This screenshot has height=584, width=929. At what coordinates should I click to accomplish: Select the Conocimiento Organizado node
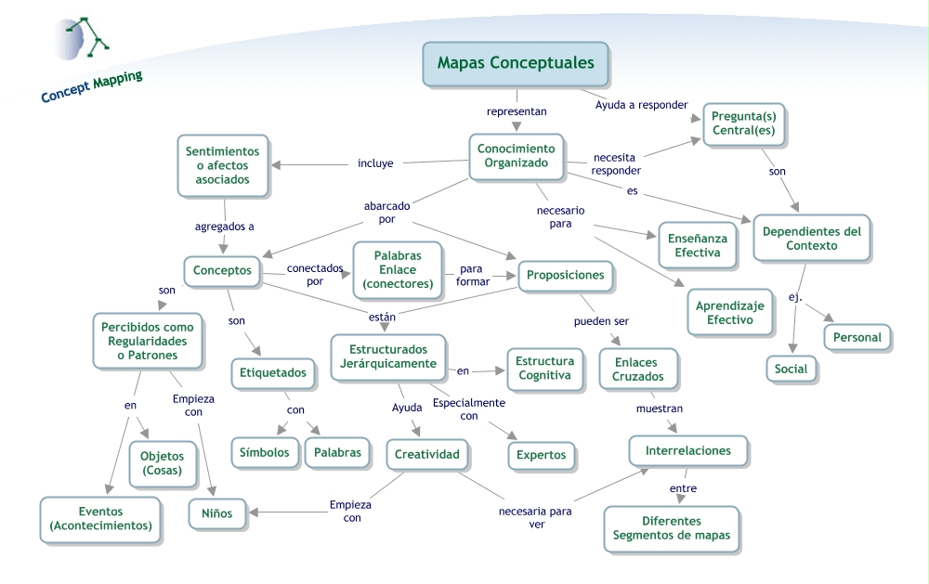coord(516,156)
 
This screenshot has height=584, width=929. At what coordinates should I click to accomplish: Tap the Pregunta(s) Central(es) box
coord(743,123)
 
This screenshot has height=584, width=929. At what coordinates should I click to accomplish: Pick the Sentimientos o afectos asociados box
coord(222,165)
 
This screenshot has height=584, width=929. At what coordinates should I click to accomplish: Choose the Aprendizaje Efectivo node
coord(729,312)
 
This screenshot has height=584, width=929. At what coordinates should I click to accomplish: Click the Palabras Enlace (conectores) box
coord(398,269)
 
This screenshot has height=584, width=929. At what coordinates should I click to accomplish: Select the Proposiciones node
coord(565,275)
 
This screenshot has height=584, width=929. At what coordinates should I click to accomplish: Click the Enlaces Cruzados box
coord(637,370)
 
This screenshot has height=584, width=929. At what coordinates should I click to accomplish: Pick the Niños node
coord(216,512)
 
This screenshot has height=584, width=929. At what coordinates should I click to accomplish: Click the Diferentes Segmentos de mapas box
coord(671,528)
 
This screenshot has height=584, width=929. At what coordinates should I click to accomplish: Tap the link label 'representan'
coord(517,110)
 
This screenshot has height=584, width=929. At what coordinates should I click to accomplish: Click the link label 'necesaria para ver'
coord(535,517)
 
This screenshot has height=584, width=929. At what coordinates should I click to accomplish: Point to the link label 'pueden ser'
coord(601,321)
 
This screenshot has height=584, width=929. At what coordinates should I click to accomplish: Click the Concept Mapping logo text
coord(91,85)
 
